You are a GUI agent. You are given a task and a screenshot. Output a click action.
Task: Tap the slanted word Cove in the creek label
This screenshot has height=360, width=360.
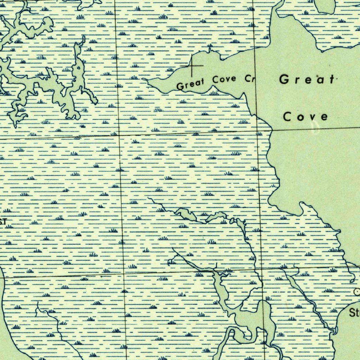[224, 79]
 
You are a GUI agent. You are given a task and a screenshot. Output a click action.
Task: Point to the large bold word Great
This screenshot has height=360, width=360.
[306, 80]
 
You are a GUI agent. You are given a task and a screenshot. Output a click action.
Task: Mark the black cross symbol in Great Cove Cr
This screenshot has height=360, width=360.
[192, 66]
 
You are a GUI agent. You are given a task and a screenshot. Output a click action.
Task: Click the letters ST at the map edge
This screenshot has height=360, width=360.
[3, 221]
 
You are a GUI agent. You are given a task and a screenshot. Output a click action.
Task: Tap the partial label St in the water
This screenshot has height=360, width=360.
[354, 313]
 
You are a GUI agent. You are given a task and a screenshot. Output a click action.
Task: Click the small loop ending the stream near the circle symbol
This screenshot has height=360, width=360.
[352, 281]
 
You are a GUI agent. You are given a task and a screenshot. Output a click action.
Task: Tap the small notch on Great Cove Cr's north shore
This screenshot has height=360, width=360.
[210, 51]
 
